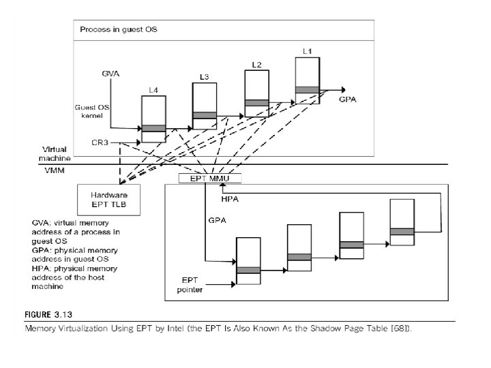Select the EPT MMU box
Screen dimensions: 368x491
point(205,179)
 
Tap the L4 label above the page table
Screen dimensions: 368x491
point(153,90)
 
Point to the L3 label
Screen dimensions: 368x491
point(204,76)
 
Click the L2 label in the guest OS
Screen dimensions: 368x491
point(256,64)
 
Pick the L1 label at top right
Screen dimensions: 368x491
point(307,51)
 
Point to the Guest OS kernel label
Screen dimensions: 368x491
point(88,111)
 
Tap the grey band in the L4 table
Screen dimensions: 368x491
point(153,127)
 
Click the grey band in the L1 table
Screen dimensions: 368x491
point(307,89)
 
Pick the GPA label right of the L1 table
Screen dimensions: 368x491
point(347,99)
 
